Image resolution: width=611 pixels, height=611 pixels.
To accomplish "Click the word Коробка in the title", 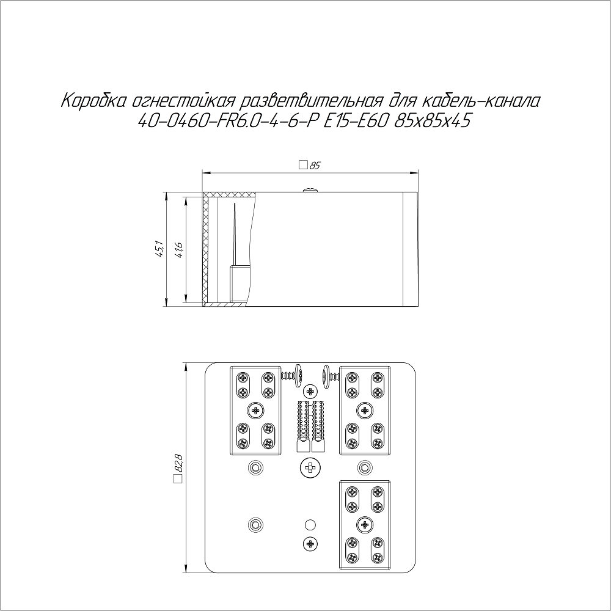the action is [93, 101].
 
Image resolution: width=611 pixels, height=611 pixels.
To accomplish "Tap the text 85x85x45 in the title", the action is [432, 122].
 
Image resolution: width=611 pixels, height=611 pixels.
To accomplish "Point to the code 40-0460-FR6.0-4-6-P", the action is [226, 122].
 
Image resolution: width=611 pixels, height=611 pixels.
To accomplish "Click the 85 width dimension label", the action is [315, 166].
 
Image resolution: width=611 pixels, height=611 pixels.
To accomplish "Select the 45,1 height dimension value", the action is [159, 249].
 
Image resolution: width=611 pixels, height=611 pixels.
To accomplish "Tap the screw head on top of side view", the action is [310, 190].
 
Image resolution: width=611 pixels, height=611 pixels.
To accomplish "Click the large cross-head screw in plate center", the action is [310, 467].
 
